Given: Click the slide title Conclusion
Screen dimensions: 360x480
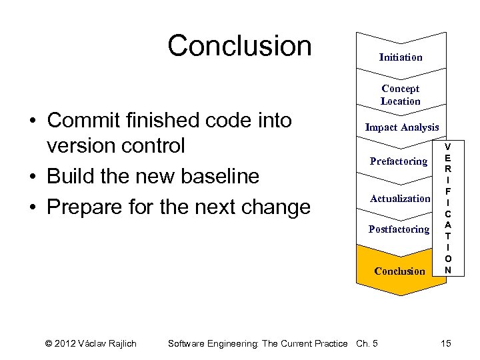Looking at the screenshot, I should click(x=239, y=46).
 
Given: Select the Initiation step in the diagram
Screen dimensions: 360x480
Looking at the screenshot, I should click(x=400, y=57).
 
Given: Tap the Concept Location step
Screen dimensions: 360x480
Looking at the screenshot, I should click(x=400, y=95).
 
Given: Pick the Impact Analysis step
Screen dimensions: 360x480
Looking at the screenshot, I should click(x=401, y=127).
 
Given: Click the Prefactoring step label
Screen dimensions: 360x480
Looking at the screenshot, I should click(x=398, y=161).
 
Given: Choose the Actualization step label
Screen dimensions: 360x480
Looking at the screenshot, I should click(x=400, y=199).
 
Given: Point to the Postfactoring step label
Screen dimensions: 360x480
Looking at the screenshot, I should click(x=399, y=229).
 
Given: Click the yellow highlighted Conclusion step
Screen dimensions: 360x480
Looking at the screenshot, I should click(x=399, y=271).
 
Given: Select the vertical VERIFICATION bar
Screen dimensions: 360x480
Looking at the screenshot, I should click(x=448, y=208).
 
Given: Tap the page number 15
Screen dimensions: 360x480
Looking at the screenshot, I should click(x=446, y=343).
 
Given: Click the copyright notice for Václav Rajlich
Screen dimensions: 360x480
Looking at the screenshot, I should click(x=91, y=343).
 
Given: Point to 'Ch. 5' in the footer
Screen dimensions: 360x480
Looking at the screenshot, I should click(x=367, y=343).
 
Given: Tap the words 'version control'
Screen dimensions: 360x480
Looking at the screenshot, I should click(x=115, y=146).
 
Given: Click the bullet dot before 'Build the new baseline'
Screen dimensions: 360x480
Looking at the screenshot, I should click(x=32, y=177).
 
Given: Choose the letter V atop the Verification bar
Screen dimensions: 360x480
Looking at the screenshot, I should click(x=448, y=147).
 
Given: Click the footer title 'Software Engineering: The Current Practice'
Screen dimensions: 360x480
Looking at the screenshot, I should click(x=257, y=343).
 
